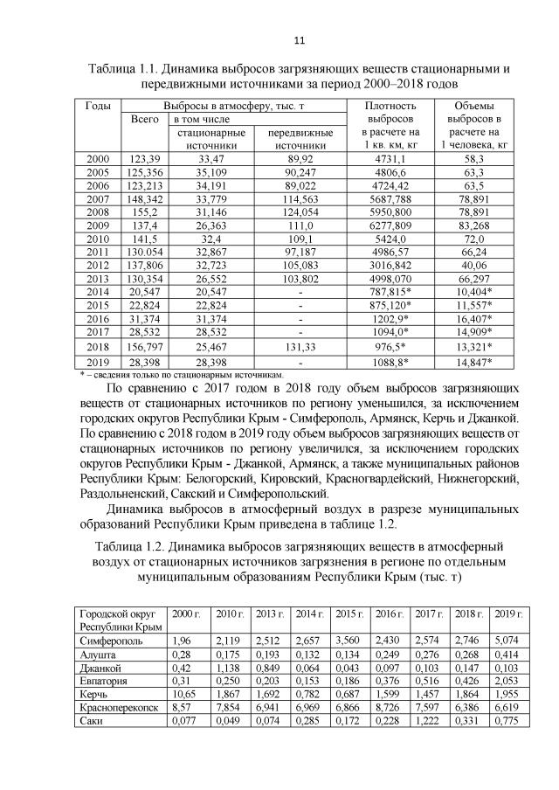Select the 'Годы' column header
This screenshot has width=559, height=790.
(98, 106)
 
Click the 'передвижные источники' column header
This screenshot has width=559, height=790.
(300, 139)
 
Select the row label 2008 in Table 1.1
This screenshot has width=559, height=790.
(98, 211)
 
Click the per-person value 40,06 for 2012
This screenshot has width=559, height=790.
(475, 265)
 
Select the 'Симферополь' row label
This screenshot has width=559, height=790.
(107, 638)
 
